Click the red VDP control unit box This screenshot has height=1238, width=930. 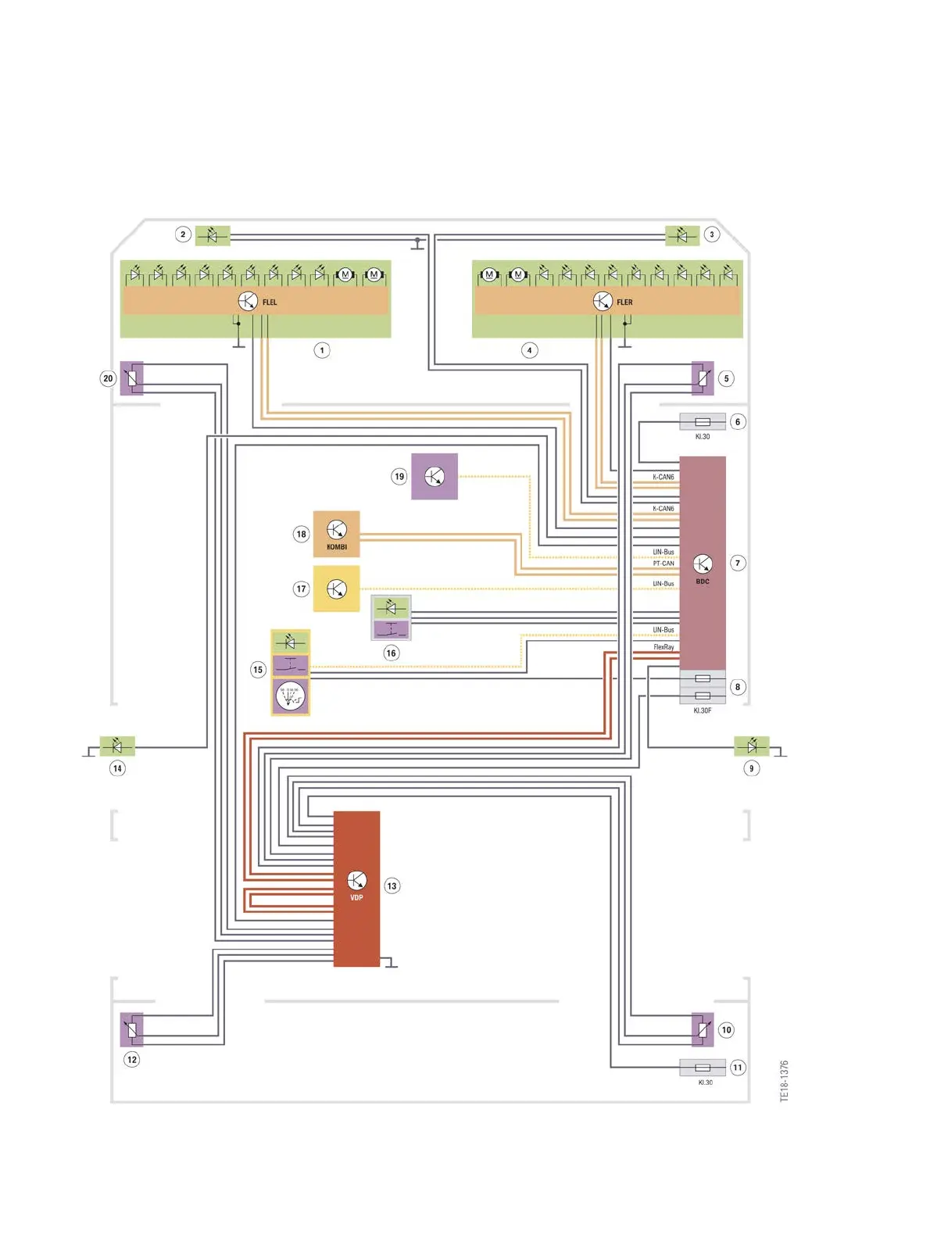pyautogui.click(x=356, y=889)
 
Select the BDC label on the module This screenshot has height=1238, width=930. pyautogui.click(x=703, y=581)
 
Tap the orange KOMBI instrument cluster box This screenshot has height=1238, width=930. pyautogui.click(x=336, y=534)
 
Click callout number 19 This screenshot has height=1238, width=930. pyautogui.click(x=399, y=476)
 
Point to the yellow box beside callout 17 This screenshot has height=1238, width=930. pyautogui.click(x=336, y=589)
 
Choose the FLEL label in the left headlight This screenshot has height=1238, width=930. pyautogui.click(x=270, y=302)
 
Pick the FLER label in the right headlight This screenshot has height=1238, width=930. pyautogui.click(x=624, y=302)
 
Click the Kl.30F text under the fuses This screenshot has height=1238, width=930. pyautogui.click(x=703, y=710)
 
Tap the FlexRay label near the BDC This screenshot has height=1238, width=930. pyautogui.click(x=664, y=647)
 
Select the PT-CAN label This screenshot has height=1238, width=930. pyautogui.click(x=664, y=564)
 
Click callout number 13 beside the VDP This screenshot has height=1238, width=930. pyautogui.click(x=392, y=886)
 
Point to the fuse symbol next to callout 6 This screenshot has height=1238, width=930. pyautogui.click(x=703, y=422)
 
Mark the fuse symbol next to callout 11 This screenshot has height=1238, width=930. pyautogui.click(x=703, y=1068)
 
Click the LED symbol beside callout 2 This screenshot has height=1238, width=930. pyautogui.click(x=213, y=235)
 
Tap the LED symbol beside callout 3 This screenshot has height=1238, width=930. pyautogui.click(x=681, y=235)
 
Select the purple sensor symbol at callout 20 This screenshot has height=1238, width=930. pyautogui.click(x=132, y=379)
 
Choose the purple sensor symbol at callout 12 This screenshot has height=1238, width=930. pyautogui.click(x=132, y=1030)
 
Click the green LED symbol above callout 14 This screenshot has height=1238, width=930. pyautogui.click(x=117, y=746)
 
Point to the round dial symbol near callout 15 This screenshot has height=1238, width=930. pyautogui.click(x=290, y=696)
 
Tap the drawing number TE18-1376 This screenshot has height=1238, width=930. pyautogui.click(x=784, y=1081)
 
